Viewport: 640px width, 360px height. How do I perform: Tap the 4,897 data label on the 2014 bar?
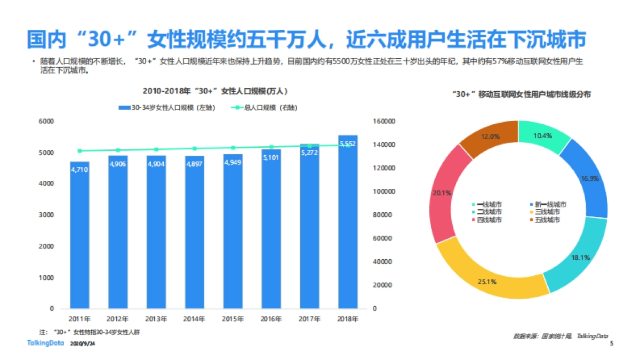click(195, 164)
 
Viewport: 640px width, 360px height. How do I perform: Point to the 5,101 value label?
click(271, 158)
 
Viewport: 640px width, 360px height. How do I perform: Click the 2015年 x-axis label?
click(233, 319)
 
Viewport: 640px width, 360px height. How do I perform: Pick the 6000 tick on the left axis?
click(47, 122)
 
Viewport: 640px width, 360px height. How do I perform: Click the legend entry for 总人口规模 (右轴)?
click(264, 108)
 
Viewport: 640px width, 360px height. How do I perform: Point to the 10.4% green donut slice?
click(543, 137)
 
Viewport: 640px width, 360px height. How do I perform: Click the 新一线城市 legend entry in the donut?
click(548, 204)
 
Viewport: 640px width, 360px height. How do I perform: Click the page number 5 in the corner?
click(612, 344)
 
